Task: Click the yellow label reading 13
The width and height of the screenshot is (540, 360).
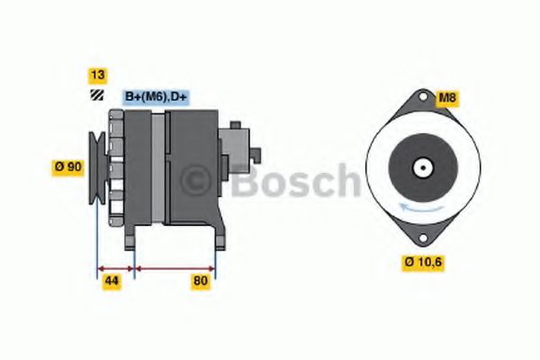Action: (x=96, y=75)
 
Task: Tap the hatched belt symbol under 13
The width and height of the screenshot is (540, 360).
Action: (x=96, y=95)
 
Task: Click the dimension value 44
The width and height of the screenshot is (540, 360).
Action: (x=112, y=282)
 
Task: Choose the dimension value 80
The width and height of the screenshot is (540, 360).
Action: (x=201, y=282)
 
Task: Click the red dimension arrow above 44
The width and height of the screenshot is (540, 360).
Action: (x=114, y=267)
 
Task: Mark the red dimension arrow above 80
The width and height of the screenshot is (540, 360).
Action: (x=174, y=267)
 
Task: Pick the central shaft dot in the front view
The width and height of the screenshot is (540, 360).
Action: (x=420, y=167)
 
